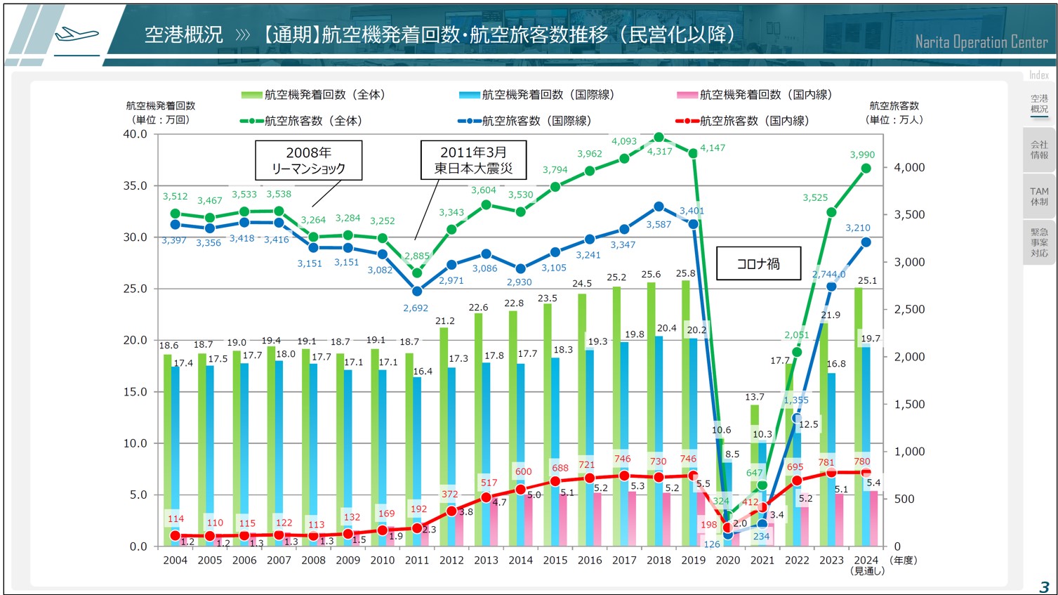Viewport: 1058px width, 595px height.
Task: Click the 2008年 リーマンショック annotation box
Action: click(308, 160)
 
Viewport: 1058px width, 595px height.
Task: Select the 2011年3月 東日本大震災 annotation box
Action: click(473, 160)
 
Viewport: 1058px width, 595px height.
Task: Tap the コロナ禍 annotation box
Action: click(758, 263)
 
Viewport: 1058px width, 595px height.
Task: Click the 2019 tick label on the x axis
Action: click(693, 560)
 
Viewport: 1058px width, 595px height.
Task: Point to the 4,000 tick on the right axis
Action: click(909, 167)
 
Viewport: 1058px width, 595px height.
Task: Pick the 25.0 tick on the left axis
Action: click(135, 289)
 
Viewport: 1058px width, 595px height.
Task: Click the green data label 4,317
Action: click(659, 151)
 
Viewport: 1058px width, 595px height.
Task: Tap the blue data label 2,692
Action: click(416, 308)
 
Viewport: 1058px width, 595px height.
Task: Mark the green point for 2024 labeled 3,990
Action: click(866, 169)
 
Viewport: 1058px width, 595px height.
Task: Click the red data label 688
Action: click(560, 468)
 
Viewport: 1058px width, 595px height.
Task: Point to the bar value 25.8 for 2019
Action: click(685, 273)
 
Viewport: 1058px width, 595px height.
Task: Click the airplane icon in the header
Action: click(77, 33)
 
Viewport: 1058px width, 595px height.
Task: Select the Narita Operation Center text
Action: click(981, 42)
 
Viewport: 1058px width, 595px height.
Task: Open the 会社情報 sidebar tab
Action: click(1039, 150)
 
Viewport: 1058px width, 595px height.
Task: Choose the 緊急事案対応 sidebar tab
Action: click(1039, 242)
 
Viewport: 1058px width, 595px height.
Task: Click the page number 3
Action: click(1044, 587)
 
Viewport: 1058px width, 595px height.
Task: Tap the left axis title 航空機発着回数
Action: click(160, 105)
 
